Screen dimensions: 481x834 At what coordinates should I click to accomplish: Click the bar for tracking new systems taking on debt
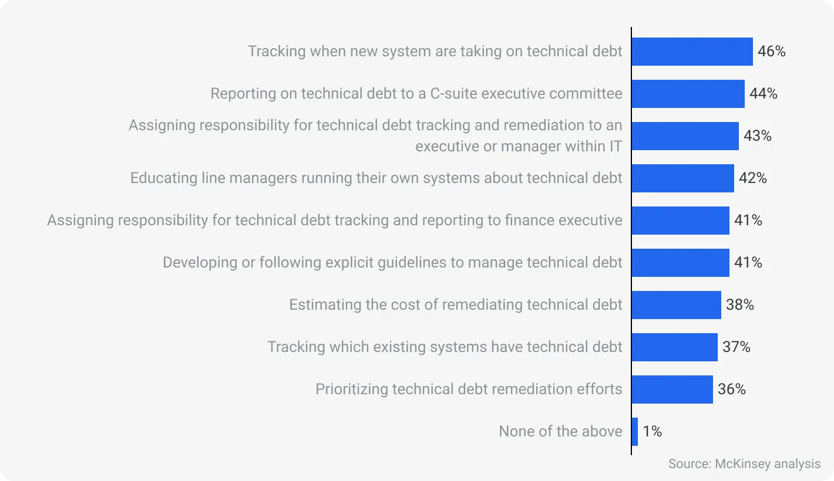coord(692,52)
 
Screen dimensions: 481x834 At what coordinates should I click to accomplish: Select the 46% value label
coord(771,52)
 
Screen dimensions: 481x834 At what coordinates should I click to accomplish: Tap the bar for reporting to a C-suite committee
coord(688,94)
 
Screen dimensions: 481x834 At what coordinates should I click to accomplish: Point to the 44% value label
coord(763,94)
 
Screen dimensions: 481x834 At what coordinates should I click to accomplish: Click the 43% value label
coord(757,136)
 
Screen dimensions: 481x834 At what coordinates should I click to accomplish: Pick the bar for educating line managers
coord(682,178)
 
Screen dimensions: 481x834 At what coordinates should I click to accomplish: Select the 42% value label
coord(752,178)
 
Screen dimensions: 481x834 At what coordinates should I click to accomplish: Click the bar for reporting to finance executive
coord(680,221)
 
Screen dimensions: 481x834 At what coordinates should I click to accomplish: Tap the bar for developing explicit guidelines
coord(680,263)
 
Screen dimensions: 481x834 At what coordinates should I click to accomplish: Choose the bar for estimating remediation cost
coord(676,305)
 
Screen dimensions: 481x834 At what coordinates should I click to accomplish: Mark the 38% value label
coord(739,305)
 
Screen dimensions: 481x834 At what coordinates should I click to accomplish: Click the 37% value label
coord(736,347)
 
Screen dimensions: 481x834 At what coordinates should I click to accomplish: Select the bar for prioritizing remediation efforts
coord(672,389)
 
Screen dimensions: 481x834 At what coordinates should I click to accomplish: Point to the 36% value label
coord(731,389)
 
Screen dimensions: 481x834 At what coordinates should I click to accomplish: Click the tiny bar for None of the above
coord(635,432)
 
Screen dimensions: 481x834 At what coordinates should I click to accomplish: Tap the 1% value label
coord(652,432)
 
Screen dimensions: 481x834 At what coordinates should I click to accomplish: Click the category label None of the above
coord(560,432)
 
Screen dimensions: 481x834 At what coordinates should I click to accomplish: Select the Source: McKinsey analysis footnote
coord(744,464)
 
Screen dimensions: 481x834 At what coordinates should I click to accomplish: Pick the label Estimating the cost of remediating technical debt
coord(455,305)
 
